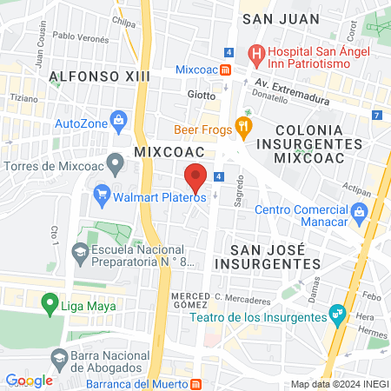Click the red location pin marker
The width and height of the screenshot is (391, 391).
pyautogui.click(x=195, y=179)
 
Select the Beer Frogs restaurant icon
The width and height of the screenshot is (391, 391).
pyautogui.click(x=244, y=129)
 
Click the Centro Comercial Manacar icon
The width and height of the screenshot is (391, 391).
pyautogui.click(x=359, y=211)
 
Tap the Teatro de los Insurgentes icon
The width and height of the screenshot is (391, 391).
pyautogui.click(x=335, y=317)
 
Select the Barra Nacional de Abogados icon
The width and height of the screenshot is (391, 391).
pyautogui.click(x=59, y=357)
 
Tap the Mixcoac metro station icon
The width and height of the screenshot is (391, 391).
pyautogui.click(x=225, y=70)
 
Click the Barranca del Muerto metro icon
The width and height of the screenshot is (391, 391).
pyautogui.click(x=196, y=383)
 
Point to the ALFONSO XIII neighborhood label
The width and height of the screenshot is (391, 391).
pyautogui.click(x=95, y=76)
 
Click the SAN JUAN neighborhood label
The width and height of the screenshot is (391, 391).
pyautogui.click(x=276, y=17)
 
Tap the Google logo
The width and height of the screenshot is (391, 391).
pyautogui.click(x=29, y=380)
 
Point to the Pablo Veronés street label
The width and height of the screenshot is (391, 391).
pyautogui.click(x=80, y=36)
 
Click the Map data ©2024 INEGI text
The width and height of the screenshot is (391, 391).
pyautogui.click(x=338, y=384)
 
